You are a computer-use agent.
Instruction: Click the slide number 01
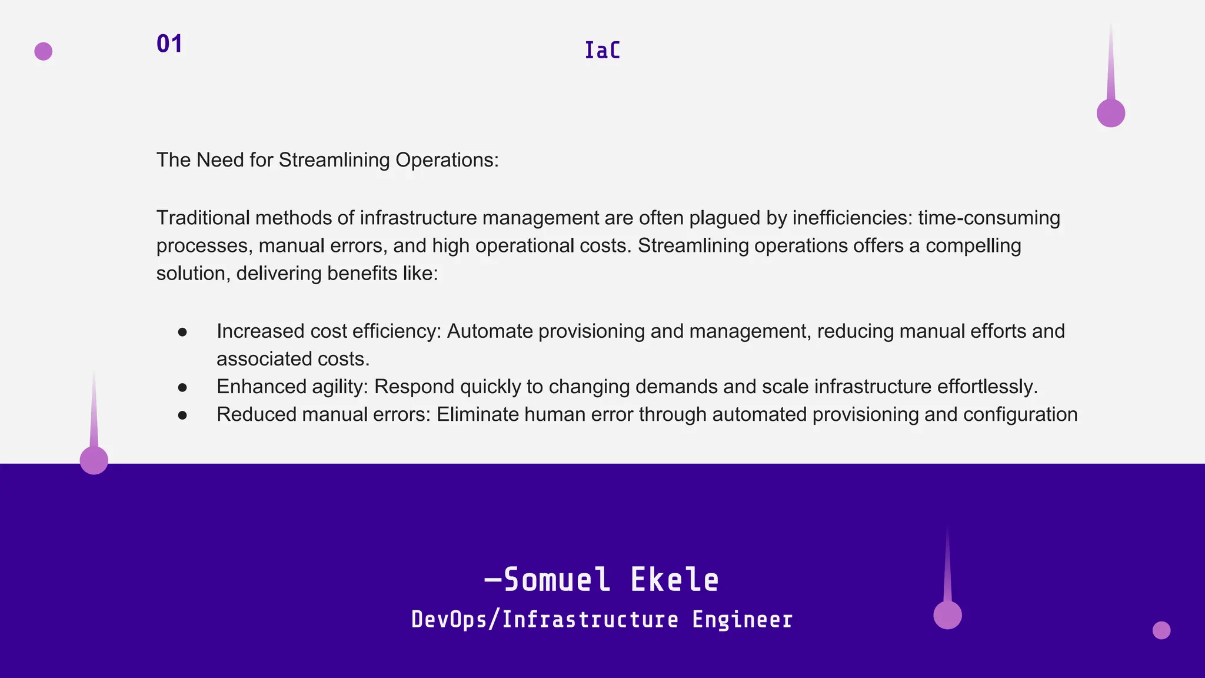(169, 44)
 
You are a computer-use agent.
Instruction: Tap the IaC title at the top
(602, 51)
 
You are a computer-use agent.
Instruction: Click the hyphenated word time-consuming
(988, 218)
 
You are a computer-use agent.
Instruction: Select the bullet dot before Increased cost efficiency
(182, 333)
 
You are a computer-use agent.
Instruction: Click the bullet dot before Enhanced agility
(182, 387)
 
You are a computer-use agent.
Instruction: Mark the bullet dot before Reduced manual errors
(182, 416)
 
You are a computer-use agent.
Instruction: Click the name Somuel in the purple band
(556, 580)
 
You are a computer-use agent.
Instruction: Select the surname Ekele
(674, 580)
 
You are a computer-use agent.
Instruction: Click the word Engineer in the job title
(742, 620)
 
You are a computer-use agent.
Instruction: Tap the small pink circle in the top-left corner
(44, 51)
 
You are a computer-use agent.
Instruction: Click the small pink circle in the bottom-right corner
(1161, 630)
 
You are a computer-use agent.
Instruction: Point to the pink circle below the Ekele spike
(947, 615)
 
